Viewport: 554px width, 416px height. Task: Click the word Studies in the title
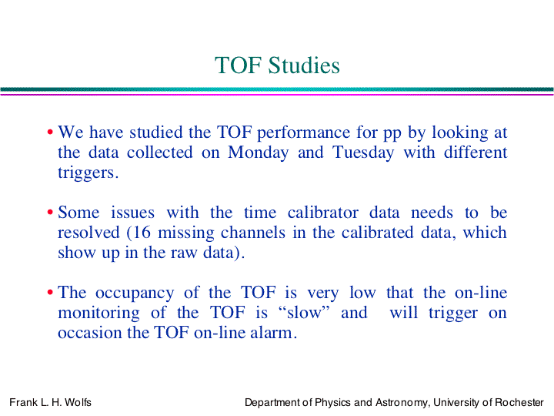click(x=304, y=65)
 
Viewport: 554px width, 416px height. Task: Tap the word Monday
click(x=259, y=153)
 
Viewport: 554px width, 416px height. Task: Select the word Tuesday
click(x=363, y=153)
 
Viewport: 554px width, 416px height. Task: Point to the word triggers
click(x=88, y=173)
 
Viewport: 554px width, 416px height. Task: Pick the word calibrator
click(x=323, y=213)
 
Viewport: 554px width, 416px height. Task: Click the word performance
click(x=303, y=133)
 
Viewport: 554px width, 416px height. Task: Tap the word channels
click(x=253, y=233)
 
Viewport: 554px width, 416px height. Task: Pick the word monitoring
click(x=98, y=314)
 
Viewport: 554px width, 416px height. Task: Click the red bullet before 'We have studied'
click(x=50, y=133)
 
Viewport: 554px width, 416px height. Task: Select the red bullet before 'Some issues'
click(x=50, y=213)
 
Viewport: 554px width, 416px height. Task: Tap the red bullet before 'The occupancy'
click(x=50, y=293)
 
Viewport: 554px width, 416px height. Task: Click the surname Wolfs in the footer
click(x=78, y=402)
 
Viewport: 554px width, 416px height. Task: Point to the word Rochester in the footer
click(x=519, y=402)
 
